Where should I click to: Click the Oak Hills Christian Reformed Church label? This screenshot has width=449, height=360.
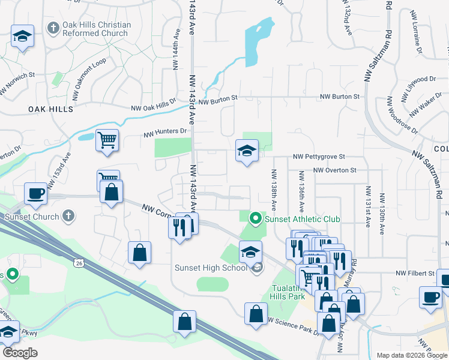(x=97, y=29)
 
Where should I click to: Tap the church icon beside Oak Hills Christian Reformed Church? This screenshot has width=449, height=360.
(x=53, y=29)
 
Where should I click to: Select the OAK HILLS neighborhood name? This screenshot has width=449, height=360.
(x=50, y=109)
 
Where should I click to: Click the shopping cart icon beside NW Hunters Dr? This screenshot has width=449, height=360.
(x=107, y=140)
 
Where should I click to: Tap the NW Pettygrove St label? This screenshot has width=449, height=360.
(x=319, y=157)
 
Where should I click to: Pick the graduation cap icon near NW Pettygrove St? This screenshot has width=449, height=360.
(x=247, y=152)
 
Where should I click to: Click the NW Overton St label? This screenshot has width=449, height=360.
(x=335, y=170)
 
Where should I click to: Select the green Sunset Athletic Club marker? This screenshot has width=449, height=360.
(x=257, y=218)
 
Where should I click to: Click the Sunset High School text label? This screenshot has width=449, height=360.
(x=210, y=268)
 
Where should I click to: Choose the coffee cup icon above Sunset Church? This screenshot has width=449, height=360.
(x=35, y=194)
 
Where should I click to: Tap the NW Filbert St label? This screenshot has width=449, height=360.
(x=414, y=274)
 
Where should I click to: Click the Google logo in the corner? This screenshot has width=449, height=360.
(x=19, y=353)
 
